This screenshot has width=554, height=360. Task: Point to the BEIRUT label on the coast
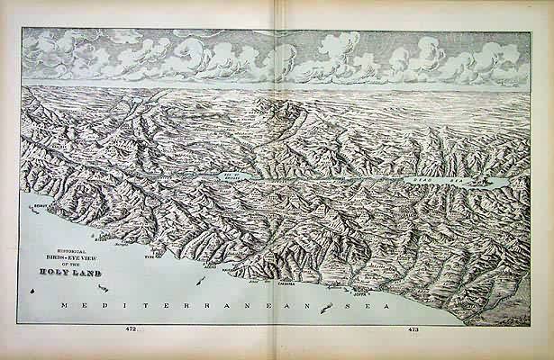[39, 206]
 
